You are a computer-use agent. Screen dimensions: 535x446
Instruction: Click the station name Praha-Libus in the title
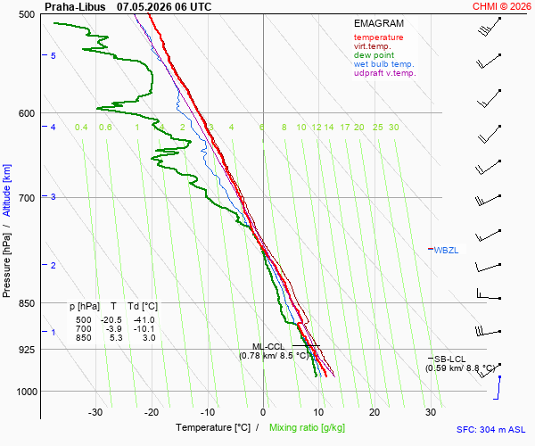coord(75,7)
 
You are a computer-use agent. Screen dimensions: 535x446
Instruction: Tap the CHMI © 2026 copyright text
coord(501,6)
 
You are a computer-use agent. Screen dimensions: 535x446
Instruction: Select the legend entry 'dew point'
coord(374,55)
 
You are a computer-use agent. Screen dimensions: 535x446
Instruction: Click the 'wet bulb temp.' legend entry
coord(383,64)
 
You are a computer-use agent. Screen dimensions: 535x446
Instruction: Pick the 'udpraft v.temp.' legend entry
coord(385,72)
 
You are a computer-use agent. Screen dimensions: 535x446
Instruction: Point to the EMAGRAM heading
coord(379,23)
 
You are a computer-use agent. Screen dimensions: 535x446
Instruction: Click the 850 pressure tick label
coord(27,303)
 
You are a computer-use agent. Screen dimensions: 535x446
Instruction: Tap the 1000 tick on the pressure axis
coord(27,392)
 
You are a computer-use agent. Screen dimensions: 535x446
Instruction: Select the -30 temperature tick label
coord(95,412)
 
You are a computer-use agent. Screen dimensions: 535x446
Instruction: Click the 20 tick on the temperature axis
coord(374,412)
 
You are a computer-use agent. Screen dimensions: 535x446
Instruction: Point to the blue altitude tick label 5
coord(53,55)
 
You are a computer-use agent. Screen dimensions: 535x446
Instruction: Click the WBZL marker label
coord(446,250)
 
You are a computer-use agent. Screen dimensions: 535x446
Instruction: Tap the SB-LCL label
coord(449,359)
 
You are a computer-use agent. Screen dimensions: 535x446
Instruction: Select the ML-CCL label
coord(268,347)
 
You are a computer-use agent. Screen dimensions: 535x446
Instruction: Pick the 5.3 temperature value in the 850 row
coord(116,337)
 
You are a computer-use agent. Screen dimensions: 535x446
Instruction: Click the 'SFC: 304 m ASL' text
coord(491,430)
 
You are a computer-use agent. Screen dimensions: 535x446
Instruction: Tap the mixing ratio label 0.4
coord(81,128)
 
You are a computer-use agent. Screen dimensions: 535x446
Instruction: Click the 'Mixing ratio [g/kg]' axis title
coord(307,427)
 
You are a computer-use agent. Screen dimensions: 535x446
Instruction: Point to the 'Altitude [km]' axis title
coord(7,190)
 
